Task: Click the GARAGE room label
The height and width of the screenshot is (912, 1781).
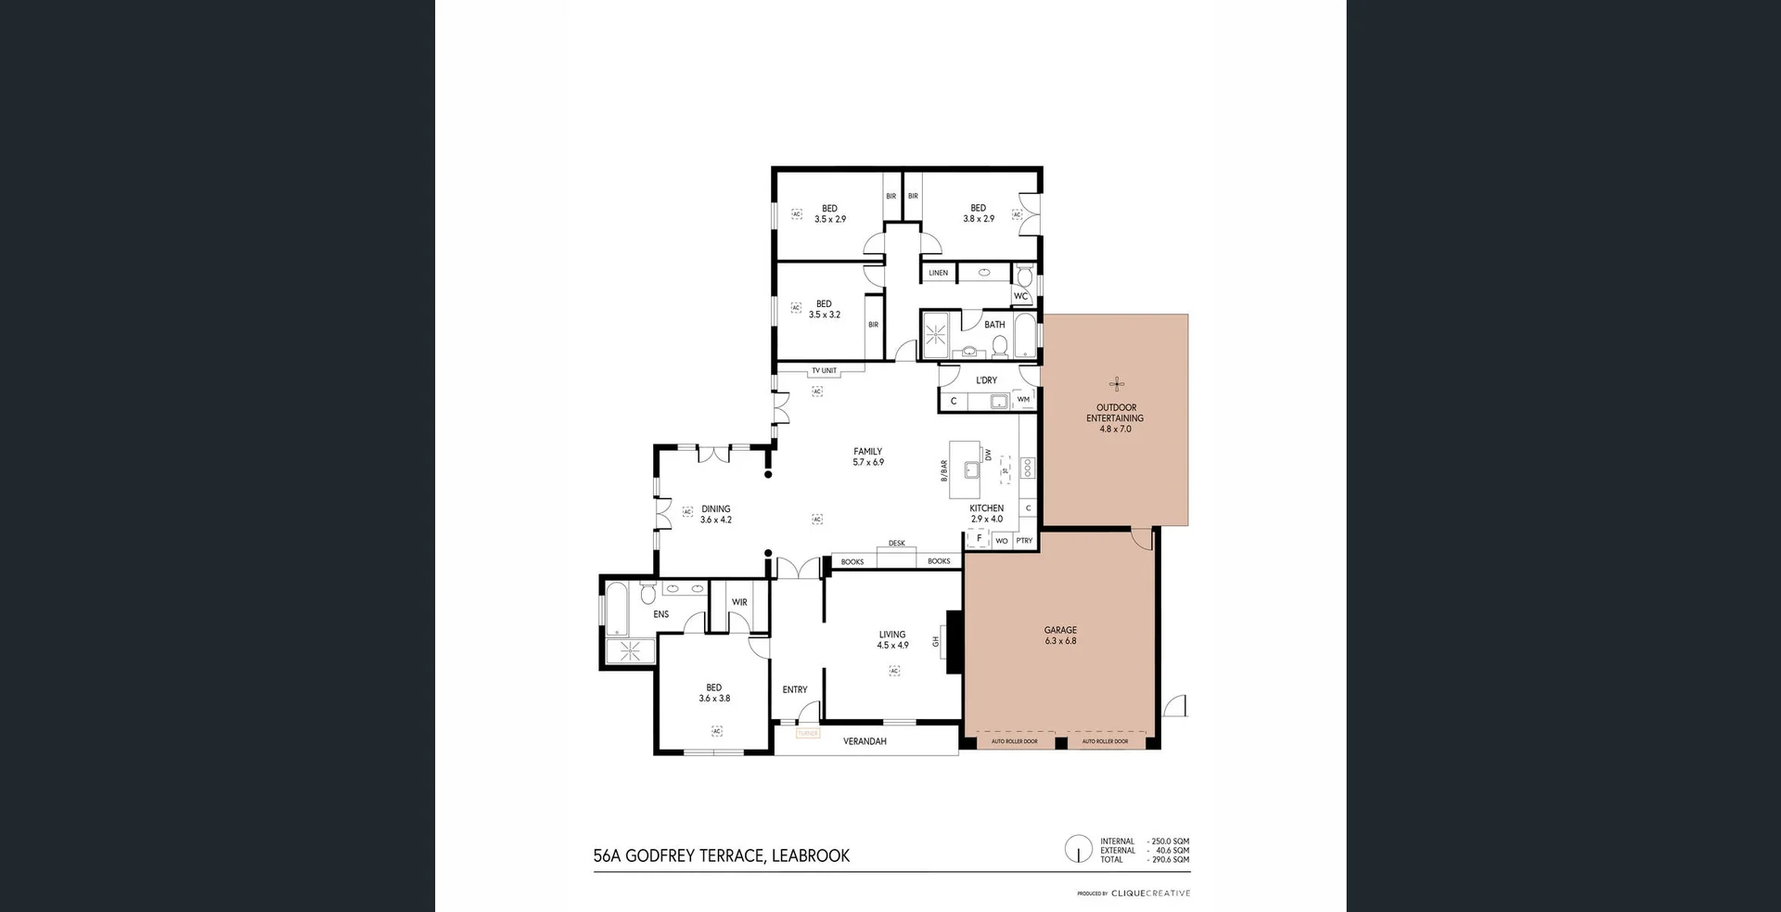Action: pos(1060,636)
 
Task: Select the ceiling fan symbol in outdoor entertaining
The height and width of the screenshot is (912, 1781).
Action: pos(1117,384)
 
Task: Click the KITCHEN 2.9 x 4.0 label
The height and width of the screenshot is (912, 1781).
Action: pos(986,513)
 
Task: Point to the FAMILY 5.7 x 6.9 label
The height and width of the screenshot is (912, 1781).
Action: pos(868,456)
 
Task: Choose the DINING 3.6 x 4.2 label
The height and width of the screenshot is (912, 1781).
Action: pos(715,514)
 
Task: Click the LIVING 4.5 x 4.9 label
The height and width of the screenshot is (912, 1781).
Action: pos(892,639)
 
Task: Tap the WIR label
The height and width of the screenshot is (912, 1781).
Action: pos(739,602)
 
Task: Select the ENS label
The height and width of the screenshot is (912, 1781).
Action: pos(660,614)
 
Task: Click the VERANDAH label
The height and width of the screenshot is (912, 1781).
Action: pos(865,741)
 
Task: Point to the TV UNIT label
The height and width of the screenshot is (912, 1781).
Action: pos(824,371)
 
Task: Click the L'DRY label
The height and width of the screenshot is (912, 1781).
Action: pos(986,380)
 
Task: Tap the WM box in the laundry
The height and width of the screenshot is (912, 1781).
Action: pos(1023,400)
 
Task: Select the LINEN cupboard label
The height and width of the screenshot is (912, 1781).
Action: pos(939,273)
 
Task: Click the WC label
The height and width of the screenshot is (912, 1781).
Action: pos(1020,297)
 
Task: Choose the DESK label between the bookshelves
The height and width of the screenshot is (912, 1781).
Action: pos(896,544)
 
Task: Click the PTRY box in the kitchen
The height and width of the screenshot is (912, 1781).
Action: pos(1024,540)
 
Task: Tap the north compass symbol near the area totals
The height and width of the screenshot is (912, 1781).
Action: pos(1078,848)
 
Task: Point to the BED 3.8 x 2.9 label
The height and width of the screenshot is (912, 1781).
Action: pos(978,213)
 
